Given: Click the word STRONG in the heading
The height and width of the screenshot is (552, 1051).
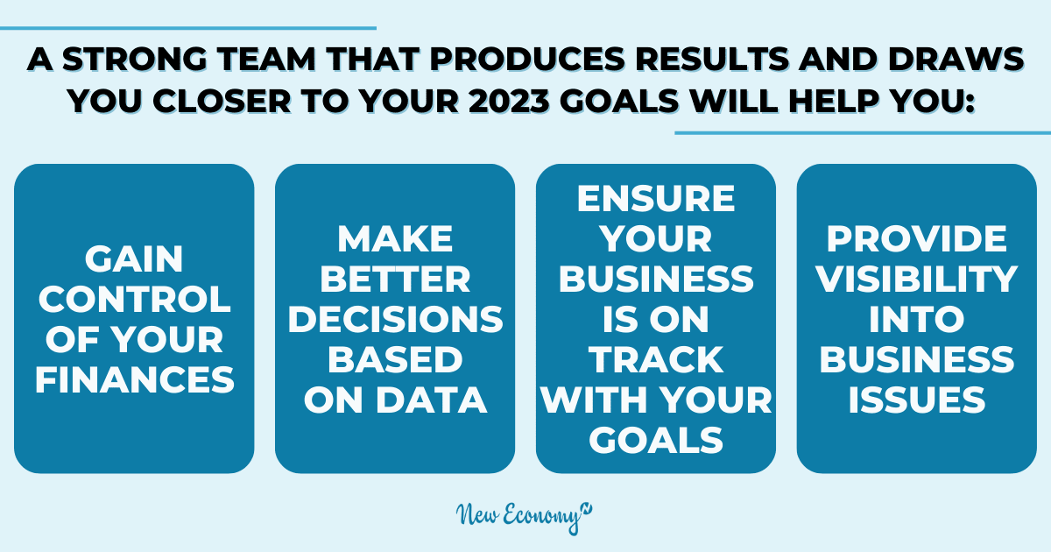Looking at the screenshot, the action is [x=135, y=60].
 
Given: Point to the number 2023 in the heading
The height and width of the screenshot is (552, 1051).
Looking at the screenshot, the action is [x=509, y=101].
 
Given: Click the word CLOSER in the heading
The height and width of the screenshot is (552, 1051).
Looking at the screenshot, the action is [x=222, y=101].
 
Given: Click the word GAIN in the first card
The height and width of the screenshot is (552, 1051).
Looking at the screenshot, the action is [x=134, y=258].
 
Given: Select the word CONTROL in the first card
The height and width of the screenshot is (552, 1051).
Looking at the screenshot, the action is [x=135, y=299].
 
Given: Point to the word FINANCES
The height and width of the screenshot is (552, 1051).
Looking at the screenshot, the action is [x=135, y=379].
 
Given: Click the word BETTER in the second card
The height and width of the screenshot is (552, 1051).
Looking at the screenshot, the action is [x=395, y=279].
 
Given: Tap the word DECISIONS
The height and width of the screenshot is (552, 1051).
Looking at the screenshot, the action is [x=395, y=319].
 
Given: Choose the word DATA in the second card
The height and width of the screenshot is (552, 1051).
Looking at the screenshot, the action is [x=431, y=400].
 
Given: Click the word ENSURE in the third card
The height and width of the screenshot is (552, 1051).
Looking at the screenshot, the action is [x=656, y=198].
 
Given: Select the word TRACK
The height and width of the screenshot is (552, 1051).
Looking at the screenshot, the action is [x=656, y=359].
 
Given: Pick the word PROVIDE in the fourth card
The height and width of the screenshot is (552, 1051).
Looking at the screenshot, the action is [x=917, y=238].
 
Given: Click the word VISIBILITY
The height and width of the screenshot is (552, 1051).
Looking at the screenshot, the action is [x=917, y=279].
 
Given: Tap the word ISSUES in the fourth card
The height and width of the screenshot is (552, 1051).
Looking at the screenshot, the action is [x=917, y=400].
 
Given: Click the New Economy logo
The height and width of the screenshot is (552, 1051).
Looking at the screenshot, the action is [x=524, y=518].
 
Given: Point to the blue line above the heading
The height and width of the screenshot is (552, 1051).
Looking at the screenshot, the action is [x=188, y=28].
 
